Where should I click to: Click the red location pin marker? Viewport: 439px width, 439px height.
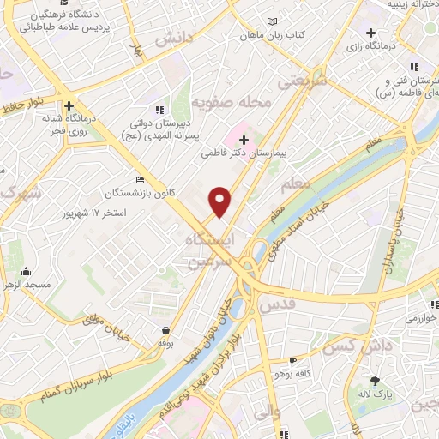pyautogui.click(x=220, y=201)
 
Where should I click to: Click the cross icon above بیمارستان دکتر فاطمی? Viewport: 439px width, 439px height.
pyautogui.click(x=244, y=140)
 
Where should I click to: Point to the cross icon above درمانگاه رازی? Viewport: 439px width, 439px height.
pyautogui.click(x=370, y=33)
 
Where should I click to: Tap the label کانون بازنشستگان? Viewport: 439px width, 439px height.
pyautogui.click(x=138, y=193)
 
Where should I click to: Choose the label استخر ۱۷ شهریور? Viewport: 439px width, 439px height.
pyautogui.click(x=96, y=212)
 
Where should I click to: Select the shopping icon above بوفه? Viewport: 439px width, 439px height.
pyautogui.click(x=165, y=330)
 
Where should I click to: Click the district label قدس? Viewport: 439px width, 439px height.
pyautogui.click(x=275, y=304)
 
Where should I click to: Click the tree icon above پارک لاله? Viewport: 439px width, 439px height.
pyautogui.click(x=374, y=381)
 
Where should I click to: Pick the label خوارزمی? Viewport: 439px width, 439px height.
pyautogui.click(x=422, y=316)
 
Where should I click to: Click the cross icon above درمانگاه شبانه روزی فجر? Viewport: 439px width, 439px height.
pyautogui.click(x=69, y=106)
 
